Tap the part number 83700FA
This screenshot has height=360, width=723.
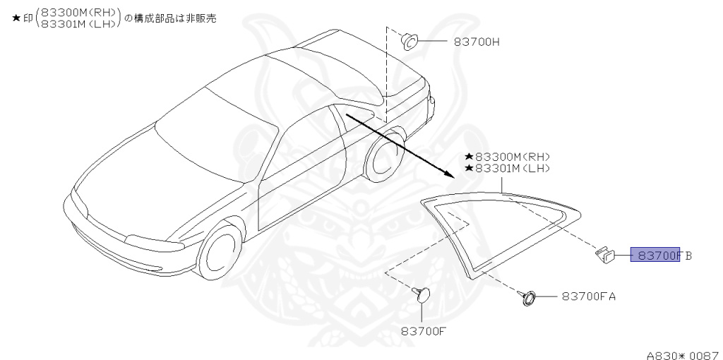point(589,296)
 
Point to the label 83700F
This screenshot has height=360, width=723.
point(424,330)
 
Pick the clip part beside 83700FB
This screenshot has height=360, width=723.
point(604,256)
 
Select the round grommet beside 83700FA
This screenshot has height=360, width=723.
point(528,297)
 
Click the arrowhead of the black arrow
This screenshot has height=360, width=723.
point(449,174)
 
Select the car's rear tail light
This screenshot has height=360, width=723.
point(431,106)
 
